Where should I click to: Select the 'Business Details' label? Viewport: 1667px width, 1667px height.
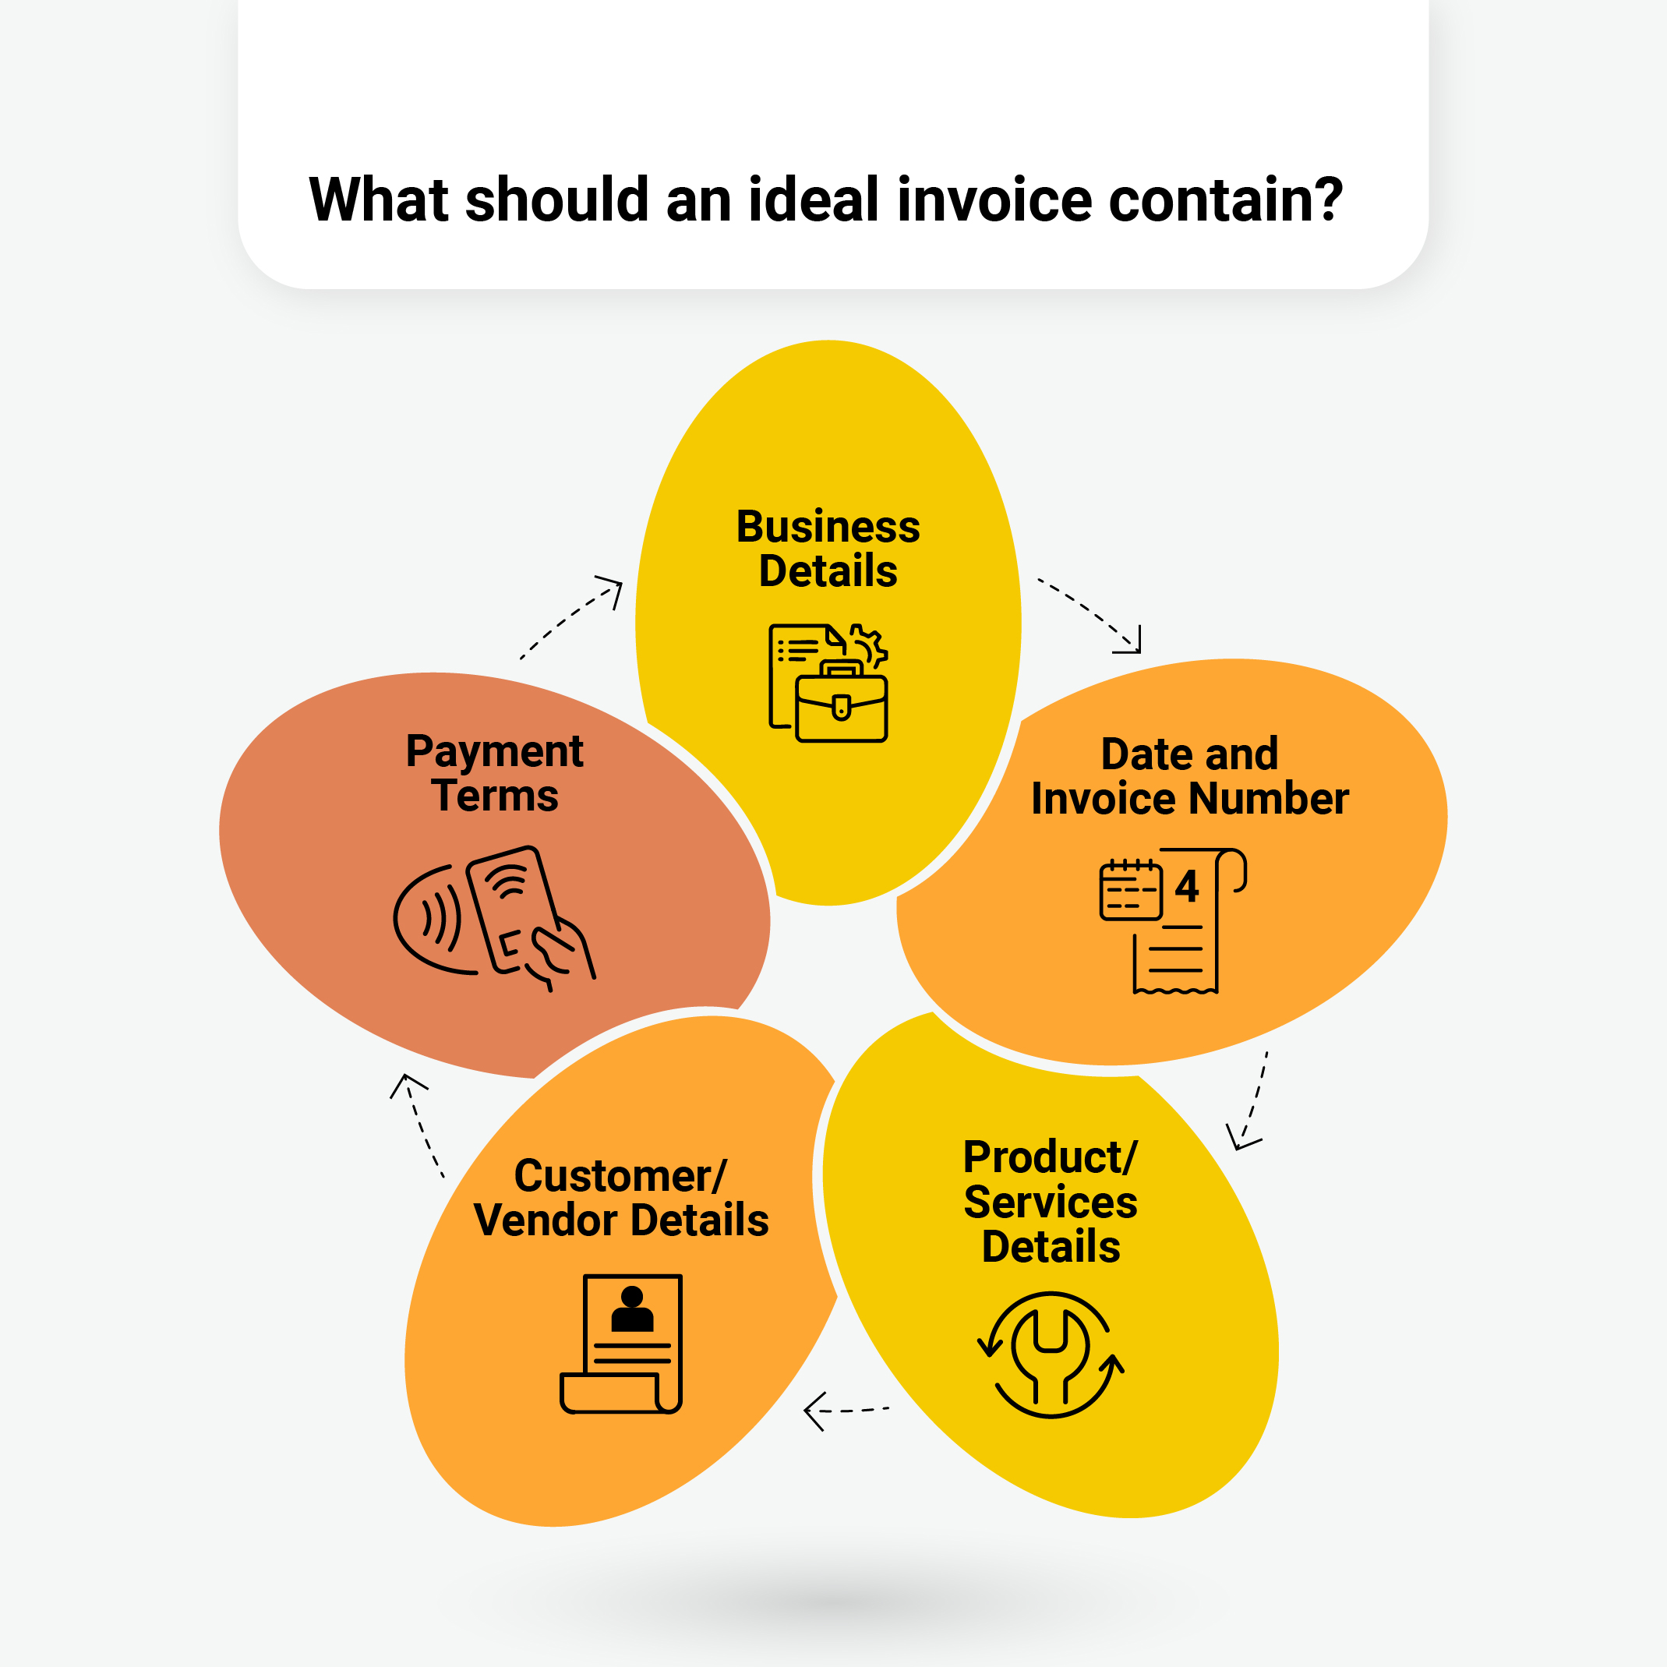tap(828, 549)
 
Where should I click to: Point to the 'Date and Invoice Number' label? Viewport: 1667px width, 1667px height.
tap(1189, 775)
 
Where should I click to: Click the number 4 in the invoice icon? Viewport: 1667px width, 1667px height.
tap(1187, 886)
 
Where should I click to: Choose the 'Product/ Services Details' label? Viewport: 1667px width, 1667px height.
tap(1050, 1201)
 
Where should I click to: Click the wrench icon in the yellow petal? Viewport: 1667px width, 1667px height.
tap(1050, 1354)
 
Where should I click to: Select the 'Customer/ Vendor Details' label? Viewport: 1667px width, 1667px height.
tap(620, 1198)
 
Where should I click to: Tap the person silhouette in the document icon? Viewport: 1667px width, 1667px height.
tap(633, 1309)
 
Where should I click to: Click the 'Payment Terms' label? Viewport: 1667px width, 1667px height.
tap(494, 773)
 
